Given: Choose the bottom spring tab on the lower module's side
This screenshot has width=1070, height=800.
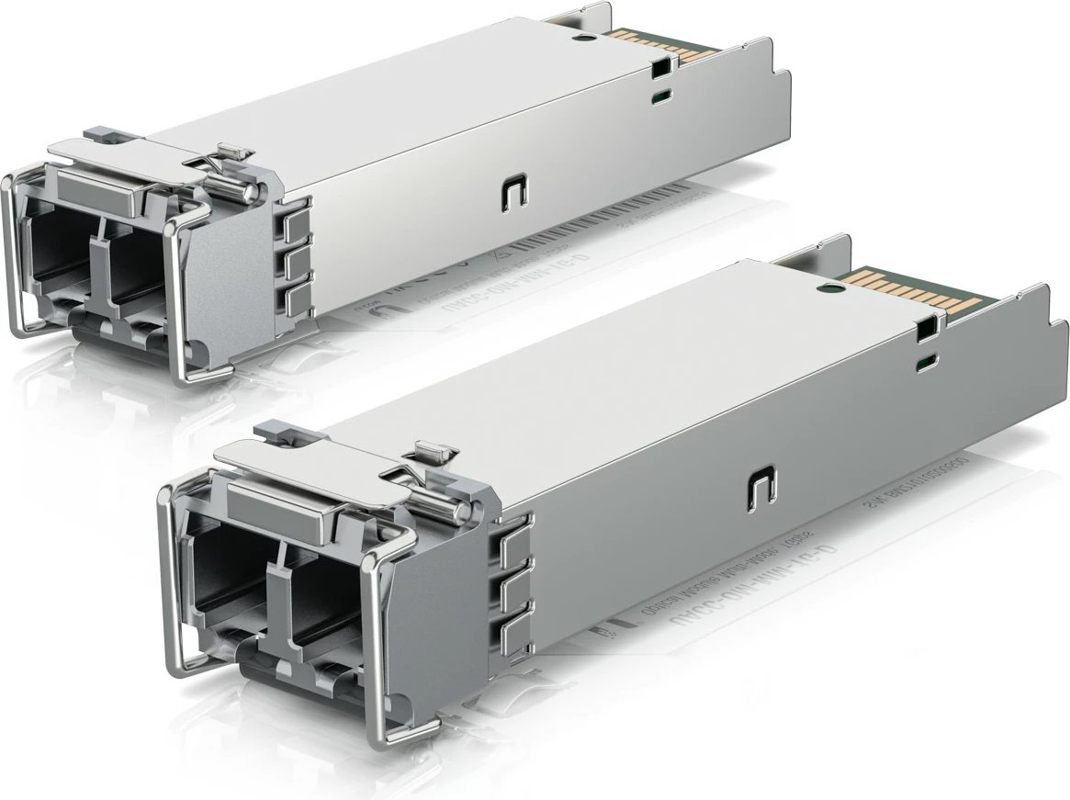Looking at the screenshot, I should click(515, 634).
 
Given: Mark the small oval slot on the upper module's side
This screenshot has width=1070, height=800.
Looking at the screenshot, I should click(659, 95).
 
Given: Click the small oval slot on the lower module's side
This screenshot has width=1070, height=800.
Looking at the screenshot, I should click(929, 360).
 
